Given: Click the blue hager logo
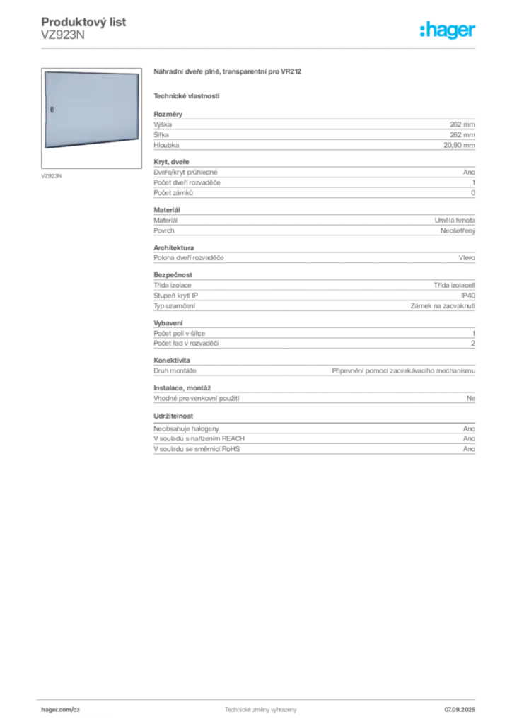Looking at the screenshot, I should point(448,31).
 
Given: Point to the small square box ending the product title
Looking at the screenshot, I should point(298,70).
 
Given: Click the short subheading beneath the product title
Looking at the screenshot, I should point(187,95).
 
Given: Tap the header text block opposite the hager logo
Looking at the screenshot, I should point(85,28).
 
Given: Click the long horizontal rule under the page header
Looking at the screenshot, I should point(260,49).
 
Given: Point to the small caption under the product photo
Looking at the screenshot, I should point(51,174).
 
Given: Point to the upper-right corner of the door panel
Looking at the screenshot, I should point(139,72).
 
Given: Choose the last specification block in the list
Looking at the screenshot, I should point(313,441).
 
